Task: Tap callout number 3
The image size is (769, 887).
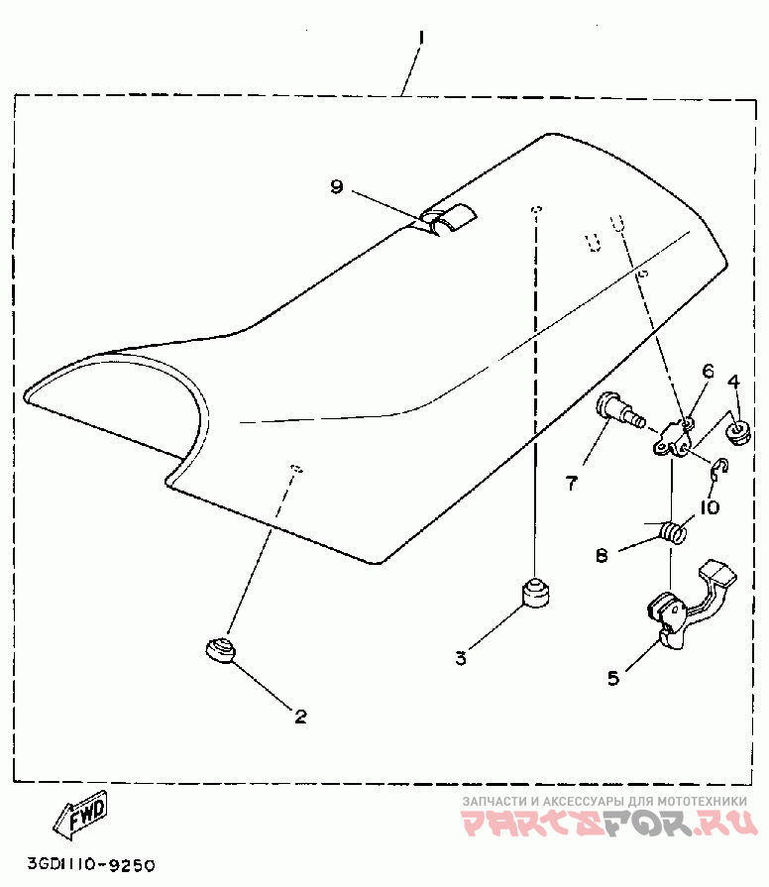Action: click(460, 657)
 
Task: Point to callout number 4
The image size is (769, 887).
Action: click(734, 382)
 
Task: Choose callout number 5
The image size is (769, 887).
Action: click(612, 678)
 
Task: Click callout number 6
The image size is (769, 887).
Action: click(708, 372)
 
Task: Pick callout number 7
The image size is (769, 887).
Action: click(571, 483)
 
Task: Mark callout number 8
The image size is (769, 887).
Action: click(602, 556)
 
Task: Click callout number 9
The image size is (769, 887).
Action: click(336, 186)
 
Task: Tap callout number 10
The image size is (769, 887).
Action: click(708, 507)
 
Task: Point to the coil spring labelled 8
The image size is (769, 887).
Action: click(674, 531)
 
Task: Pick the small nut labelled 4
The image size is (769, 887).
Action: click(737, 430)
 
